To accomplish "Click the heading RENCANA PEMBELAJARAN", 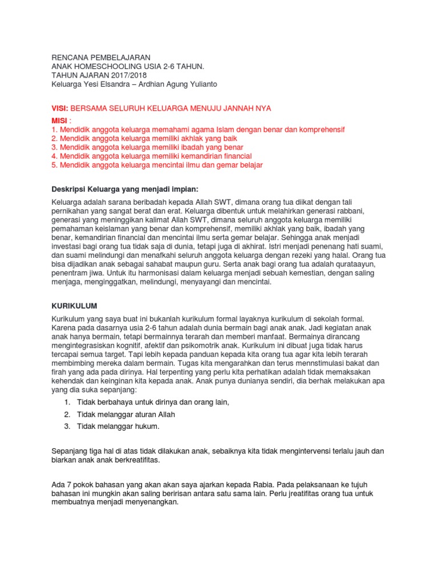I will tap(101, 58).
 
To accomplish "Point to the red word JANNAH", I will tap(232, 108).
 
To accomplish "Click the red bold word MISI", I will tap(60, 121).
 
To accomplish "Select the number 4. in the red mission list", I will tap(55, 156).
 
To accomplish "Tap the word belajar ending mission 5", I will tap(250, 165).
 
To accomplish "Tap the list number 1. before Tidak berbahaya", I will tap(67, 403).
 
